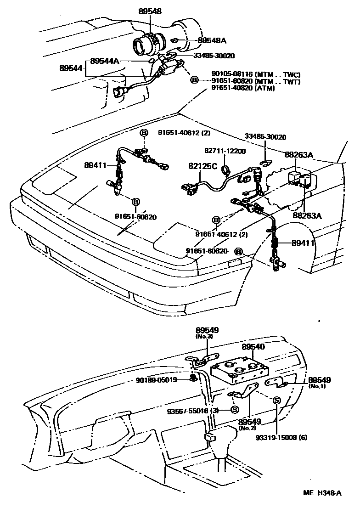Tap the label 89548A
click(212, 40)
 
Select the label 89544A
click(105, 61)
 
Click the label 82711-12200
click(225, 151)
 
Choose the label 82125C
click(202, 166)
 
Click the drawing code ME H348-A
click(322, 494)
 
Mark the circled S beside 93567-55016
click(234, 410)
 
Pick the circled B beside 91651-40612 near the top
click(144, 133)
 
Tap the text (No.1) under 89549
click(317, 387)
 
